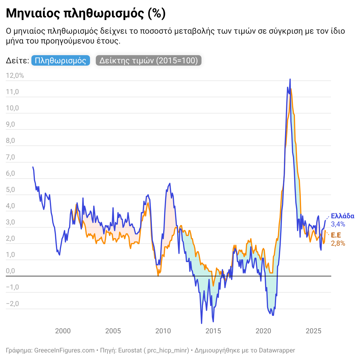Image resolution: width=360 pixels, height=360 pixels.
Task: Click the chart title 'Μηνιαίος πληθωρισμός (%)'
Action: (86, 13)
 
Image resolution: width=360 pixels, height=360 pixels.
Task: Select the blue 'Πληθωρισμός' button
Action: (60, 60)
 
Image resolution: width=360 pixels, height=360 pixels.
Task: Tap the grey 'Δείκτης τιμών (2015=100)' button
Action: (148, 60)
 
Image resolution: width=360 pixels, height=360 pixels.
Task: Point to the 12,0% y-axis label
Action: (15, 76)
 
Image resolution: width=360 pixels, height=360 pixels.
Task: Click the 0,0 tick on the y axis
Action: (10, 271)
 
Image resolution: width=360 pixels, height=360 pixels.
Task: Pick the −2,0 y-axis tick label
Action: (12, 304)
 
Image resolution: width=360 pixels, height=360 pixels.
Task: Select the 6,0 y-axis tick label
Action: (10, 174)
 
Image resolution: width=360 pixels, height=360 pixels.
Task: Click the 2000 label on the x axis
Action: (63, 331)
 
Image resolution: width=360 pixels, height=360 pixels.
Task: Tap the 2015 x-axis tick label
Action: (213, 331)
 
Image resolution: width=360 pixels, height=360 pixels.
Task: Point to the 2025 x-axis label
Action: (314, 331)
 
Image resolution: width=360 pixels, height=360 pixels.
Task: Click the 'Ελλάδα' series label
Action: (343, 216)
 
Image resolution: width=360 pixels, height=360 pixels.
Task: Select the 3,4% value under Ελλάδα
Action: (338, 224)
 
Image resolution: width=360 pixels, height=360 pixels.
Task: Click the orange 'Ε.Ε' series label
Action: (336, 235)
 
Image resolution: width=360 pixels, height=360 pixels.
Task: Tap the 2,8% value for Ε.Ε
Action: (338, 243)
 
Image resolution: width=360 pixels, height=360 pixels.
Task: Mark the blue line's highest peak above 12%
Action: (290, 79)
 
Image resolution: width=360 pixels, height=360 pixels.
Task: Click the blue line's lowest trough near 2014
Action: (201, 323)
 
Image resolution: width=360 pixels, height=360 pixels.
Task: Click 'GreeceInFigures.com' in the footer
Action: (64, 350)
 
